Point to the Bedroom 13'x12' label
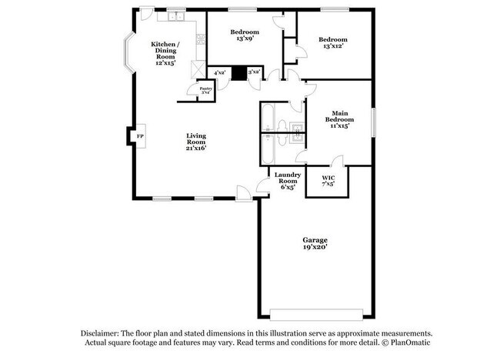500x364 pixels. tap(333, 43)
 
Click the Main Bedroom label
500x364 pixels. tap(338, 120)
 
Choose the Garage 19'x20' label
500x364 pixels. tap(315, 244)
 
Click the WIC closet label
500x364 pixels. tap(328, 182)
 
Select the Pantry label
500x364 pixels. tap(206, 90)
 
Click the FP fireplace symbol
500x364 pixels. tap(140, 137)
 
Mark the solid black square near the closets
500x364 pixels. tap(238, 72)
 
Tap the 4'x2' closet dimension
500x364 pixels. tap(219, 73)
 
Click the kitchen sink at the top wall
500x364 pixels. tap(175, 15)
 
